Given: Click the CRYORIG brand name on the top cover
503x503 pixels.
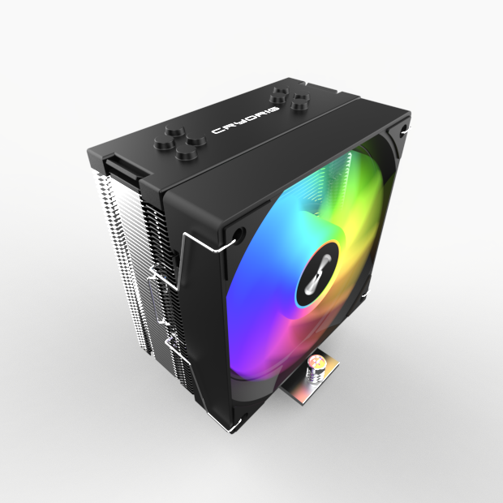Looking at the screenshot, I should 245,118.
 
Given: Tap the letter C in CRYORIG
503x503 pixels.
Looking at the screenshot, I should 217,131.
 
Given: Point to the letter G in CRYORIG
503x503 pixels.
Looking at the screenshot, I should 274,106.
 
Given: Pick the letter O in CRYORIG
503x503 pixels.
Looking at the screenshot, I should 246,118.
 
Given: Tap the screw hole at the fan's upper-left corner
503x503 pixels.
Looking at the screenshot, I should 235,236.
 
